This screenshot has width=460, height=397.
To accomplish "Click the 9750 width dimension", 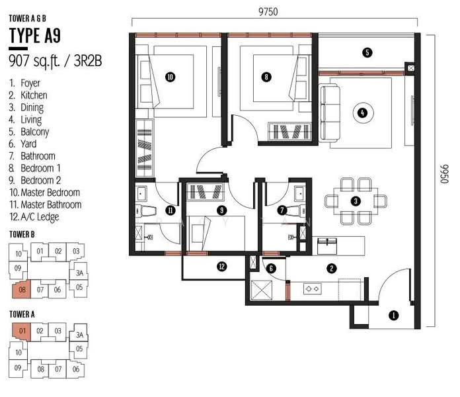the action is pyautogui.click(x=268, y=12).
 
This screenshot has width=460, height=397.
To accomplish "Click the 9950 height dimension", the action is pyautogui.click(x=444, y=174).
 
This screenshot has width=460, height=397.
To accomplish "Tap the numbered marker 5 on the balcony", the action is pyautogui.click(x=367, y=52).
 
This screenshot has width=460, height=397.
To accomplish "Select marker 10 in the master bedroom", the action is pyautogui.click(x=170, y=77).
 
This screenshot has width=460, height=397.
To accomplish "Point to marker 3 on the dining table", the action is pyautogui.click(x=356, y=201).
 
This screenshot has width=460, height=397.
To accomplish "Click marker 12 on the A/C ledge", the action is pyautogui.click(x=222, y=267).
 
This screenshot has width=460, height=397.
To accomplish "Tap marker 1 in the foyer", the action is pyautogui.click(x=393, y=316).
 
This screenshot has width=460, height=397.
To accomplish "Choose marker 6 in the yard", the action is pyautogui.click(x=271, y=268).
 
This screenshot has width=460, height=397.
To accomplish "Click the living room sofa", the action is pyautogui.click(x=329, y=113).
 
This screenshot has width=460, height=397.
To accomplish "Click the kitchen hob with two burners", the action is pyautogui.click(x=312, y=289).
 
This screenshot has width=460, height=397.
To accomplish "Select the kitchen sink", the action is pyautogui.click(x=326, y=246).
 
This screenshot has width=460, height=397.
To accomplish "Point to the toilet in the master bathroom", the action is pyautogui.click(x=145, y=211).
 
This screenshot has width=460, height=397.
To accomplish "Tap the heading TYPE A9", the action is pyautogui.click(x=35, y=36).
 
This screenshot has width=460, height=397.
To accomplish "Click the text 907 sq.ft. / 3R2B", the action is pyautogui.click(x=56, y=61).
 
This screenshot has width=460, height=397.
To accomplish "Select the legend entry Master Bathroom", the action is pyautogui.click(x=46, y=204).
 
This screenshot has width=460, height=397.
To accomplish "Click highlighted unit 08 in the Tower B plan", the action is pyautogui.click(x=21, y=290).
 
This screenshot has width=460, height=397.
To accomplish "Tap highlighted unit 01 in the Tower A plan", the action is pyautogui.click(x=21, y=331).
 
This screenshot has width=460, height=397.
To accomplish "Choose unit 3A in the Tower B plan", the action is pyautogui.click(x=79, y=273).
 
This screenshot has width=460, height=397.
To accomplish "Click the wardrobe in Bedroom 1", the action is pyautogui.click(x=289, y=132).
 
